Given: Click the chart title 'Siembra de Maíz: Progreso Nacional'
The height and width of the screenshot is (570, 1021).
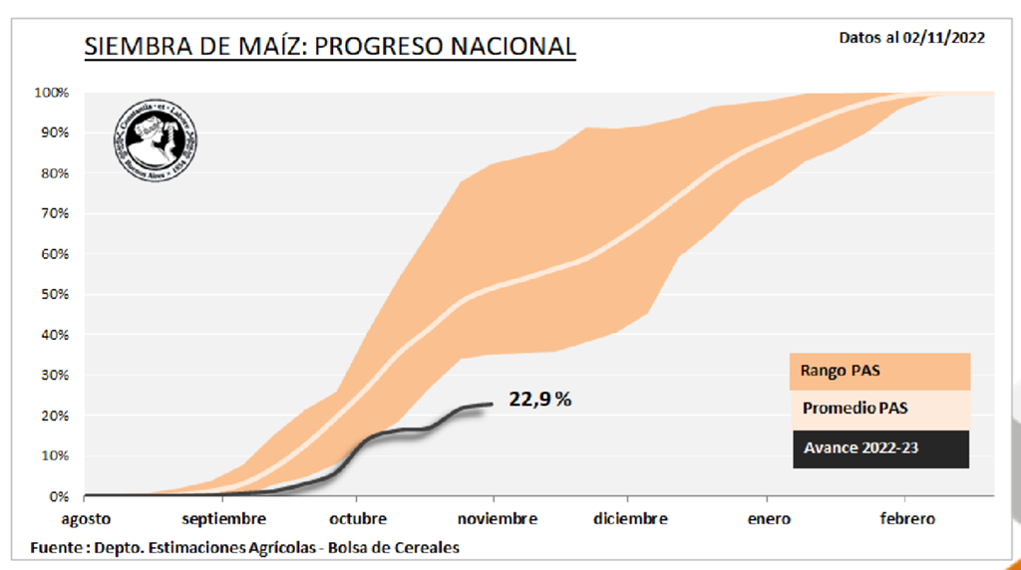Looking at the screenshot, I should [x=330, y=46].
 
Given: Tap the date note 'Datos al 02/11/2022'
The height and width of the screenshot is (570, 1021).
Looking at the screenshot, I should [x=912, y=38].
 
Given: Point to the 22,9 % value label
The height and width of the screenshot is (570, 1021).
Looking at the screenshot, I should [x=540, y=401].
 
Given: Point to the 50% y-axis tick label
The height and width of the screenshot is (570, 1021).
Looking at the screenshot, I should [x=54, y=294].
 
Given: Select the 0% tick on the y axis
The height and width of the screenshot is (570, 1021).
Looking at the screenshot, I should [x=58, y=495].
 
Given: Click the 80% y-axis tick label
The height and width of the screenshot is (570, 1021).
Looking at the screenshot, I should [x=54, y=173].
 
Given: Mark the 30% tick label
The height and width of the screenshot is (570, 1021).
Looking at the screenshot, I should [x=54, y=375].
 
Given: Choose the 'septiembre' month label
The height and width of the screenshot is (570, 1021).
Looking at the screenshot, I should [x=223, y=518].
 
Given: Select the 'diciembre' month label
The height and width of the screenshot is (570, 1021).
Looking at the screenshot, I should [x=629, y=518].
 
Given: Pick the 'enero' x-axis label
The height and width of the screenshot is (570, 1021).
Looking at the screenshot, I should [x=766, y=518].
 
